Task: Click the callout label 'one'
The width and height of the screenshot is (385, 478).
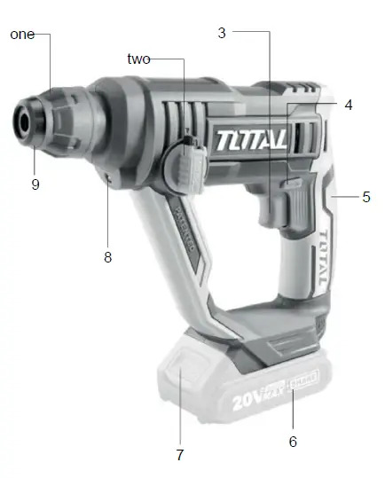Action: [22, 35]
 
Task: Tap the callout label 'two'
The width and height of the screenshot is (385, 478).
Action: [138, 59]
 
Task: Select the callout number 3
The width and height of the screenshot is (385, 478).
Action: [222, 33]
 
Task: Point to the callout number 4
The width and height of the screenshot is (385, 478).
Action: [348, 105]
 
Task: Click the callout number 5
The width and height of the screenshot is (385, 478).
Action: [365, 197]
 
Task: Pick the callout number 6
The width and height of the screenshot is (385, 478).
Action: [293, 441]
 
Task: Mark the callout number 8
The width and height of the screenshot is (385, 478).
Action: [108, 258]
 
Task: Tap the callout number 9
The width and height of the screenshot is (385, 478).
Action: [35, 184]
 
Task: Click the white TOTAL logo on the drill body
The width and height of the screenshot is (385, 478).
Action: [249, 140]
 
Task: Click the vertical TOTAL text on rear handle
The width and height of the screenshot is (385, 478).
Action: [324, 257]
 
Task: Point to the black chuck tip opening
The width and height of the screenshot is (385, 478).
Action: [22, 119]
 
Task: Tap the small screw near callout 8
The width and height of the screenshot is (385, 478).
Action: [108, 178]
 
